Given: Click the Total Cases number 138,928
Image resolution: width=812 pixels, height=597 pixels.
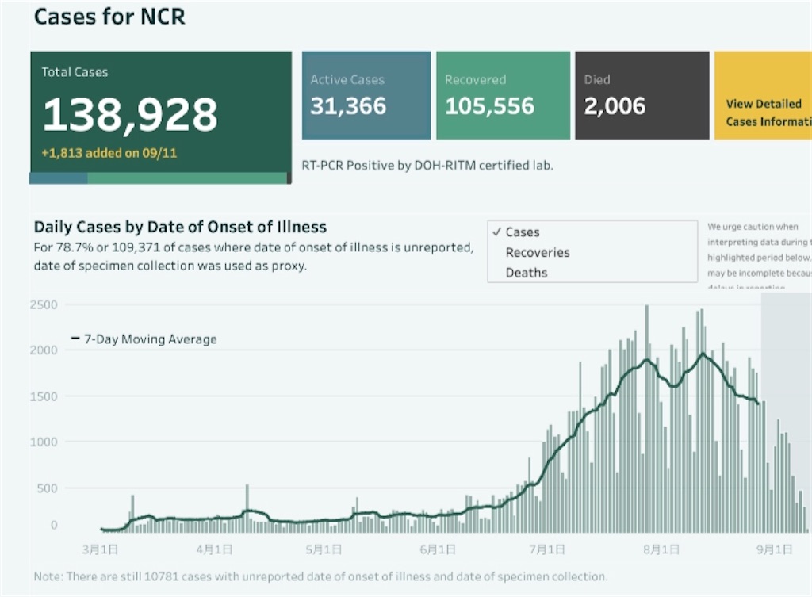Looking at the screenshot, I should tap(129, 114).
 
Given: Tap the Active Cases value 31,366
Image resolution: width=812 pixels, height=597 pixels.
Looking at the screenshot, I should tap(348, 106).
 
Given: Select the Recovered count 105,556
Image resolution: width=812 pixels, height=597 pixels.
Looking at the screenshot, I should tap(489, 106).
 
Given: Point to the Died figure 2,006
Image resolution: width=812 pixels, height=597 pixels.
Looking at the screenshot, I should tap(615, 106).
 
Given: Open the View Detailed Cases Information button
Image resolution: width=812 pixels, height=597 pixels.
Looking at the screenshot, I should tap(766, 113).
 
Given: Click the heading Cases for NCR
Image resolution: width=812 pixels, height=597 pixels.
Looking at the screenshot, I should tap(109, 17).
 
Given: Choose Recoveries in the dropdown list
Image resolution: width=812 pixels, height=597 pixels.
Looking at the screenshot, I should tap(538, 252).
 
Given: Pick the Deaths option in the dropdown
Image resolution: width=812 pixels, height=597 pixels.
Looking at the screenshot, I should tap(527, 273).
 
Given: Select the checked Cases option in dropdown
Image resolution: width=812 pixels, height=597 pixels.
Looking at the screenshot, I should tap(522, 232).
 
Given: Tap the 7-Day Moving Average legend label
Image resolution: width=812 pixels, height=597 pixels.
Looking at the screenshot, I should tap(150, 339).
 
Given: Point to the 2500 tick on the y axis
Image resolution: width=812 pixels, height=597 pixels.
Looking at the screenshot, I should tap(44, 305).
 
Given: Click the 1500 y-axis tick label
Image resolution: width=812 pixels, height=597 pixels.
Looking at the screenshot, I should tap(44, 396).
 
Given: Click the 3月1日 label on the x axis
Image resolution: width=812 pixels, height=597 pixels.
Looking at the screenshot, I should tap(100, 549).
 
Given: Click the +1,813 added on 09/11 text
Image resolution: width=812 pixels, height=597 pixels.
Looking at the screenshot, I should tap(109, 153).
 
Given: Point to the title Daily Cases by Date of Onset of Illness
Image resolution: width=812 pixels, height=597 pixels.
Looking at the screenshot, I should tap(180, 228).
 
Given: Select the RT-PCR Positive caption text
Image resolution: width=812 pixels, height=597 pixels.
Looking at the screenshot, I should tap(427, 166).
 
